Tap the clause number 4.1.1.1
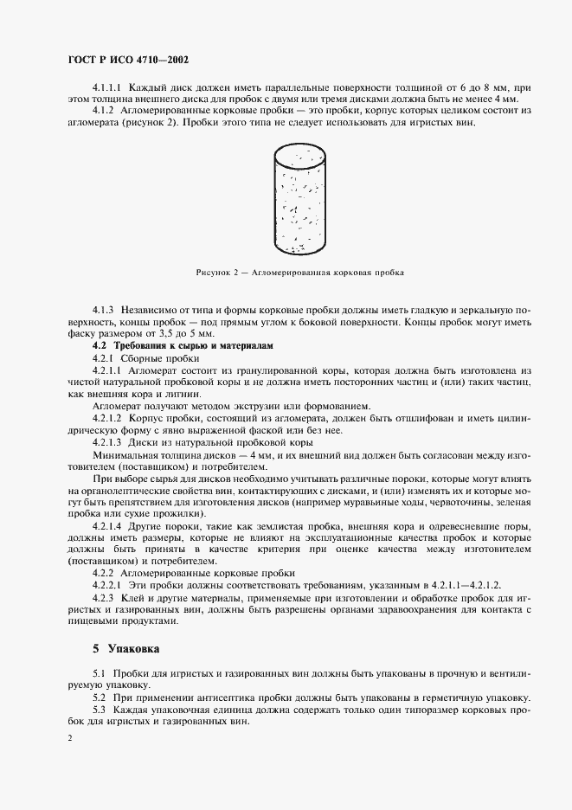(108, 87)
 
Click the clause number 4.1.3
(103, 309)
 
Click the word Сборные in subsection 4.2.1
(142, 357)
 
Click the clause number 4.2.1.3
(108, 442)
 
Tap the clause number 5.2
(98, 697)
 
